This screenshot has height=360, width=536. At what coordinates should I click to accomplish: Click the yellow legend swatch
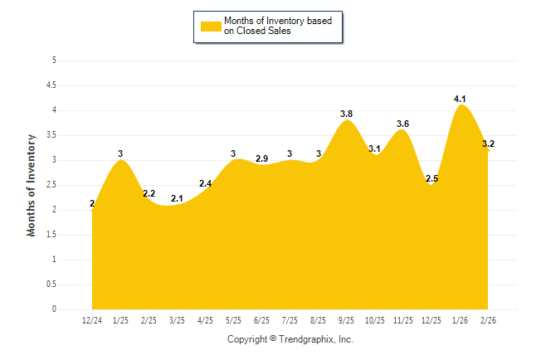coord(211,26)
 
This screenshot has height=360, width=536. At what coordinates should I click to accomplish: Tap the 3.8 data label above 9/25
coord(347,114)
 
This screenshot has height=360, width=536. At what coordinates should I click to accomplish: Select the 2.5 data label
coord(431,178)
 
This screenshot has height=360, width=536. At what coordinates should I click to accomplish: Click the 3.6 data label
coord(403,124)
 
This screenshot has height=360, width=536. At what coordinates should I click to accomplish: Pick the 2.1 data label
coord(178,198)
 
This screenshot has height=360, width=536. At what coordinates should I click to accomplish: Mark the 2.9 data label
coord(262,158)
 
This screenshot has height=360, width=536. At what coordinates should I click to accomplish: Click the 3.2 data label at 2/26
coord(488,144)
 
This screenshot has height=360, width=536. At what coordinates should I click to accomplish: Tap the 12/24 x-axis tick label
coord(92,320)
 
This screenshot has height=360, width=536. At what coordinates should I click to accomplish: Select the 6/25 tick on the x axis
coord(262,320)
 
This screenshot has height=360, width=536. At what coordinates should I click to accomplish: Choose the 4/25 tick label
coord(206,320)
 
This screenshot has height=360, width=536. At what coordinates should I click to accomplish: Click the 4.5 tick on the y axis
coord(51,85)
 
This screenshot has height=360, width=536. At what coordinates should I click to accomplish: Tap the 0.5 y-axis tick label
coord(51,285)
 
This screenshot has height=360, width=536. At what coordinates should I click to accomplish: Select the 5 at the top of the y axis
coord(54,60)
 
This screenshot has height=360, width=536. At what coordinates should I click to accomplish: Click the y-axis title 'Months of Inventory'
coord(32,185)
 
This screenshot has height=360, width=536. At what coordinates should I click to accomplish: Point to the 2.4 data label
coord(206,183)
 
